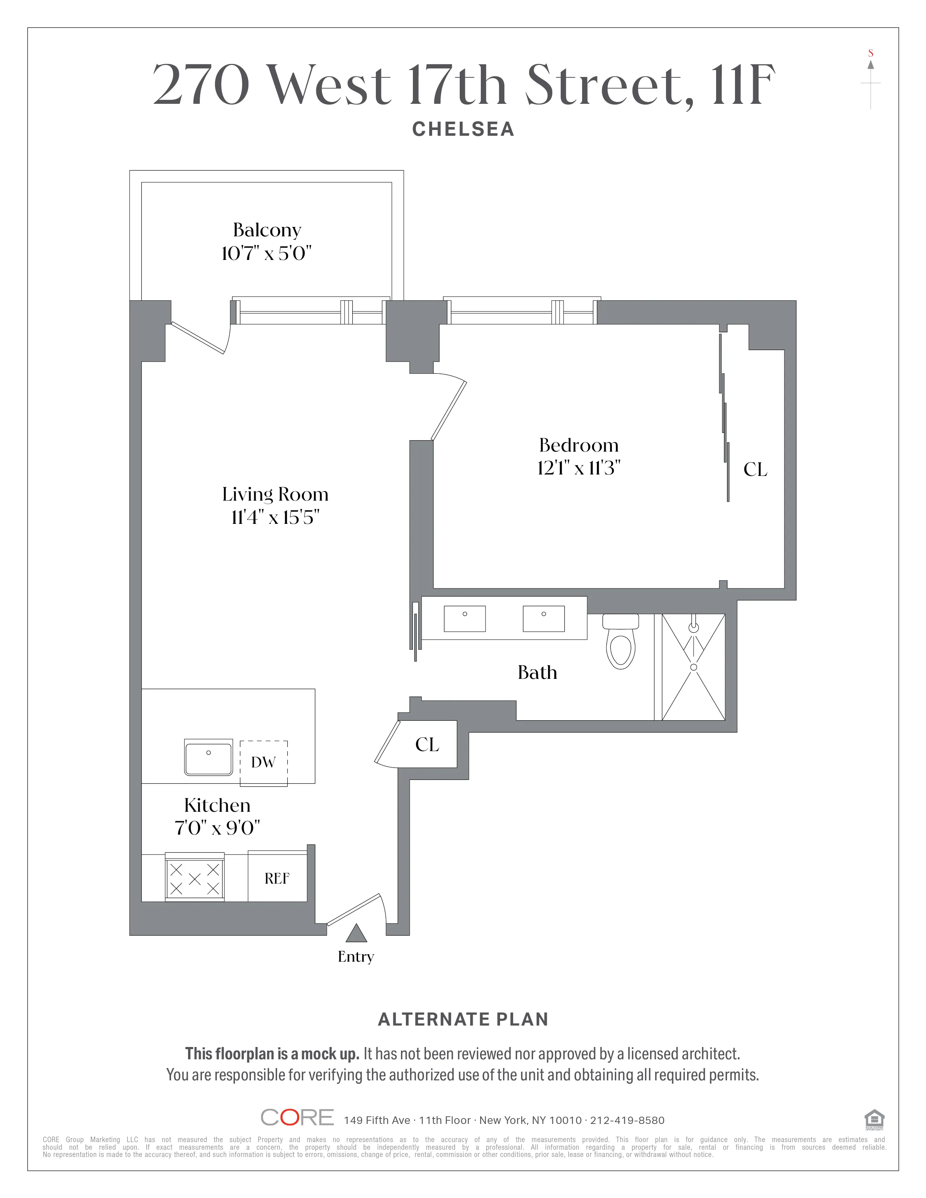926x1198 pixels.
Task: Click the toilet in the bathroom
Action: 621,643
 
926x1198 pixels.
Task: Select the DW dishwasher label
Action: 263,762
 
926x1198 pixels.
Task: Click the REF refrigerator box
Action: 277,879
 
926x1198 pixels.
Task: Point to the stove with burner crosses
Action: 195,879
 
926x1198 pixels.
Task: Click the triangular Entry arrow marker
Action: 357,934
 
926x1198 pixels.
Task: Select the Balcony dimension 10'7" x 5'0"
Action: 267,253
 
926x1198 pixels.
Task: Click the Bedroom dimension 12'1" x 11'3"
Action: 579,468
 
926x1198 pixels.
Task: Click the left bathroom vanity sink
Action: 465,619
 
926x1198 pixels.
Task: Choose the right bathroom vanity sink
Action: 544,619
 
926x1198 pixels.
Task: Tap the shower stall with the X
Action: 693,667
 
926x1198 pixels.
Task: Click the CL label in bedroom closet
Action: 755,469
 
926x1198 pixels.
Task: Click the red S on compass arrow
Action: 870,53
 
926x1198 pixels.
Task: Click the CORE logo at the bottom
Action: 297,1117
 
